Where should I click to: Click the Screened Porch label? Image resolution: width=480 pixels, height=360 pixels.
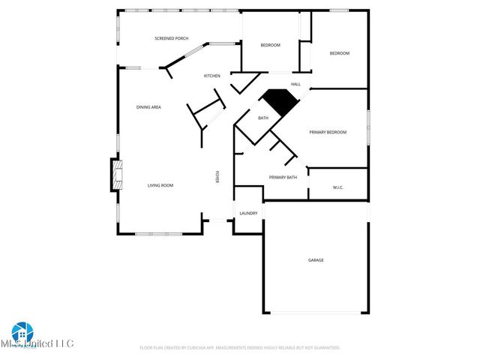click(x=171, y=38)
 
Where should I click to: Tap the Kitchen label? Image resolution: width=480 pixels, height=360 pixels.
click(x=212, y=76)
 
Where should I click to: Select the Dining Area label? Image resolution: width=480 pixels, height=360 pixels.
click(x=148, y=107)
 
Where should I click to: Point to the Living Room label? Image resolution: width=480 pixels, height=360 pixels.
click(x=160, y=185)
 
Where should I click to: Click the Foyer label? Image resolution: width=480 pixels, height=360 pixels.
click(x=217, y=177)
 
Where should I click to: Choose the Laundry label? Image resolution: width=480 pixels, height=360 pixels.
click(x=248, y=214)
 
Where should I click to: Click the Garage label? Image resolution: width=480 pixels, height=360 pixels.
click(x=316, y=260)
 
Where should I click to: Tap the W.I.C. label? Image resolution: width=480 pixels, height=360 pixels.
click(x=337, y=187)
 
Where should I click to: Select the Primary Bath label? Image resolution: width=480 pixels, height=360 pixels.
click(x=283, y=178)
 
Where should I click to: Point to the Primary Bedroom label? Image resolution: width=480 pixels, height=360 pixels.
click(x=328, y=133)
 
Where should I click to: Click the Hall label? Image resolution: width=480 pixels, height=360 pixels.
click(x=295, y=84)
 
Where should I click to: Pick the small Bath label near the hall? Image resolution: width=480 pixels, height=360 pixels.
click(x=263, y=118)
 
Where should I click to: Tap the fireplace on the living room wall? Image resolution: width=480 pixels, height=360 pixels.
click(x=115, y=175)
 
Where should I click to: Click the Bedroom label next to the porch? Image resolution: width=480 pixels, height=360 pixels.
click(x=270, y=46)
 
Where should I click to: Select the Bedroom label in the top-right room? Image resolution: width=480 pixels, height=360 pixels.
click(x=340, y=53)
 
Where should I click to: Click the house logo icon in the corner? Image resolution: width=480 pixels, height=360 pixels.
click(x=21, y=332)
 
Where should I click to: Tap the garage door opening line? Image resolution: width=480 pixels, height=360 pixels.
click(x=315, y=313)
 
